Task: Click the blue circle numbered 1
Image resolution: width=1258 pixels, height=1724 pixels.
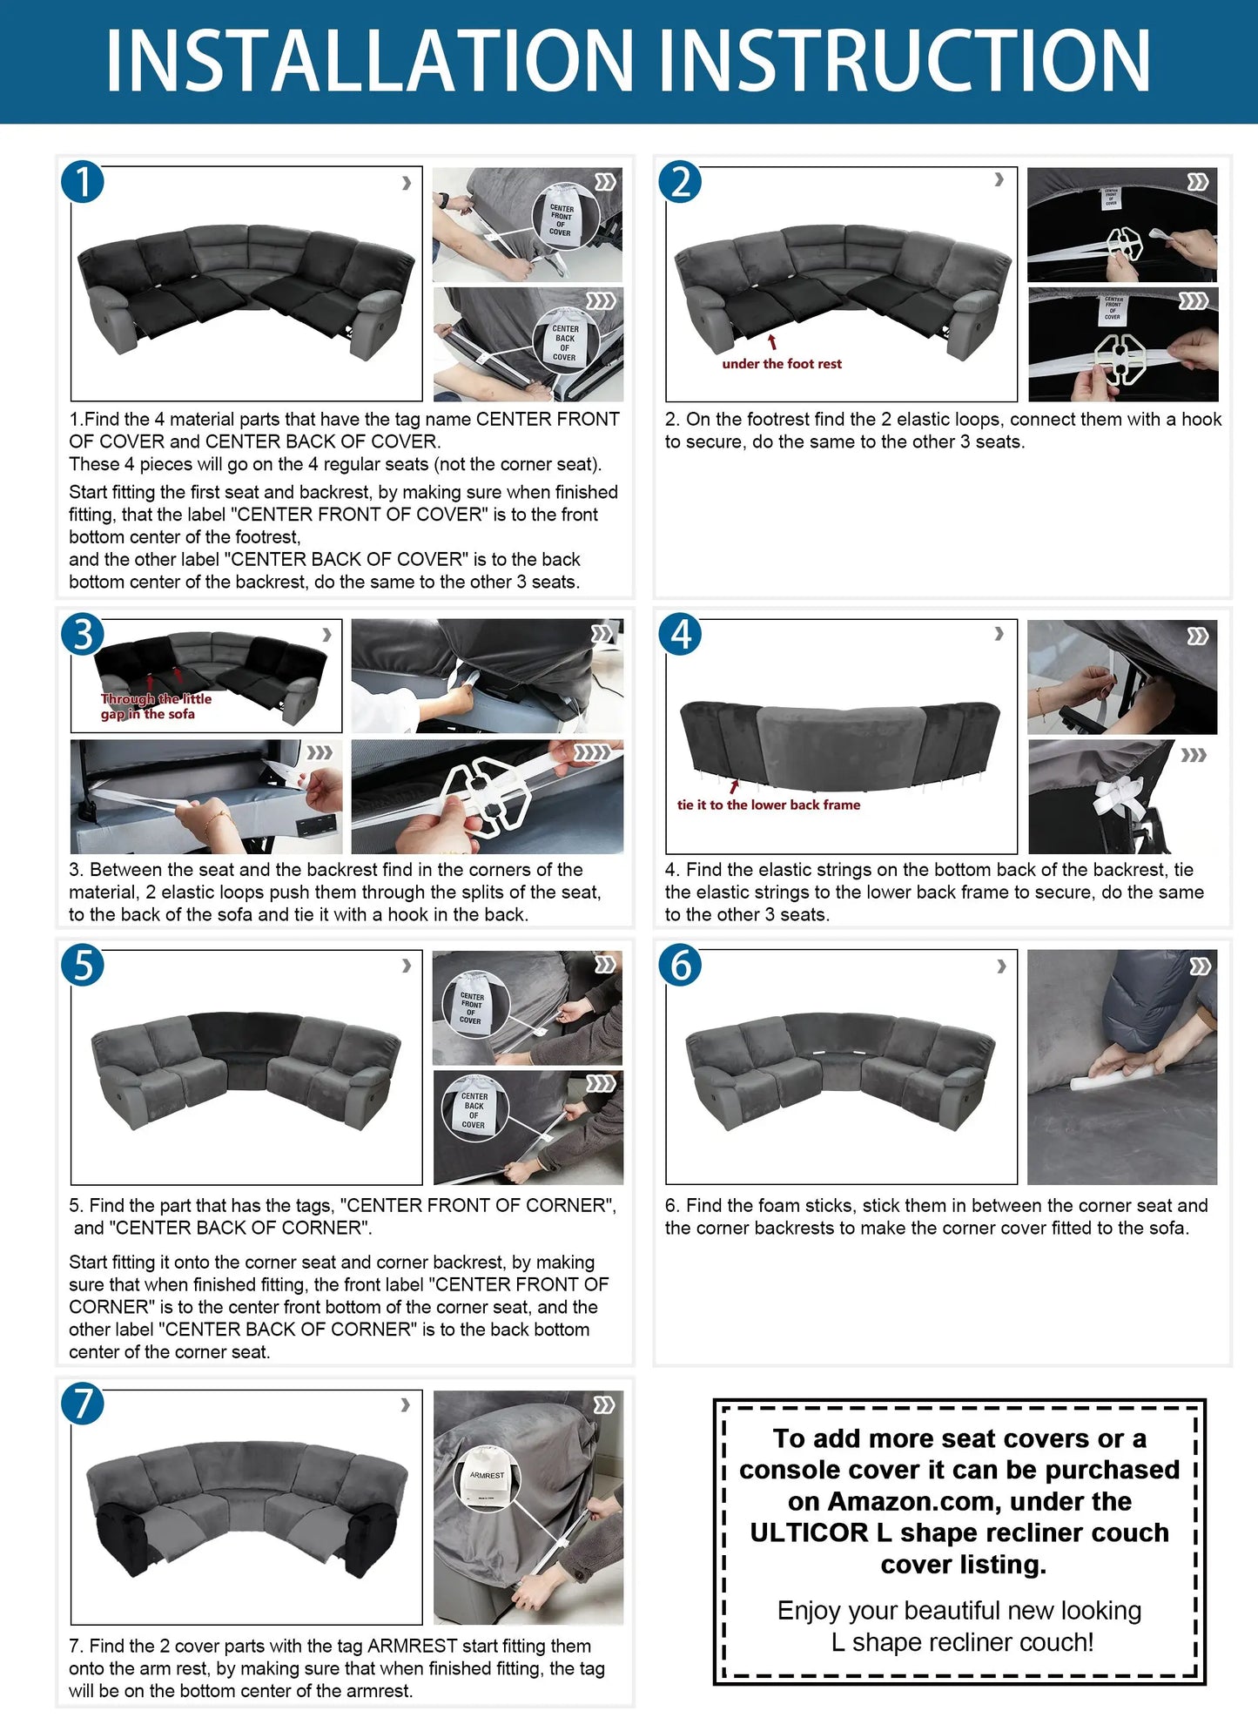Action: click(x=83, y=183)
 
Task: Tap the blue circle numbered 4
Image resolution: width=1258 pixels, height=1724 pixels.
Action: click(x=680, y=634)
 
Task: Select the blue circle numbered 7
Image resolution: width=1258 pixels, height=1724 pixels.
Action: click(x=83, y=1404)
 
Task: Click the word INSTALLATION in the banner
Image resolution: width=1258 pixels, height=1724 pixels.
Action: click(x=369, y=60)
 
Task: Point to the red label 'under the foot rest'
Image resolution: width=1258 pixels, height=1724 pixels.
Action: click(x=782, y=364)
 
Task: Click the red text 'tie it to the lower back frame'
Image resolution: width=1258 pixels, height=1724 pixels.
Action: click(x=768, y=805)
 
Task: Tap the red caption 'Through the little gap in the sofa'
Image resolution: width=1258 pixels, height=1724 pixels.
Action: click(x=155, y=706)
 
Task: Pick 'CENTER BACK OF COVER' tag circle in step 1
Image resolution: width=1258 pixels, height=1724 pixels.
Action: click(x=564, y=342)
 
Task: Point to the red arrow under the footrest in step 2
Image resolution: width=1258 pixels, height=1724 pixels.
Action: click(x=771, y=343)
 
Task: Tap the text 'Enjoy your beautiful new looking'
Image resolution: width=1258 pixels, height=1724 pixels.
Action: click(x=959, y=1611)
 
